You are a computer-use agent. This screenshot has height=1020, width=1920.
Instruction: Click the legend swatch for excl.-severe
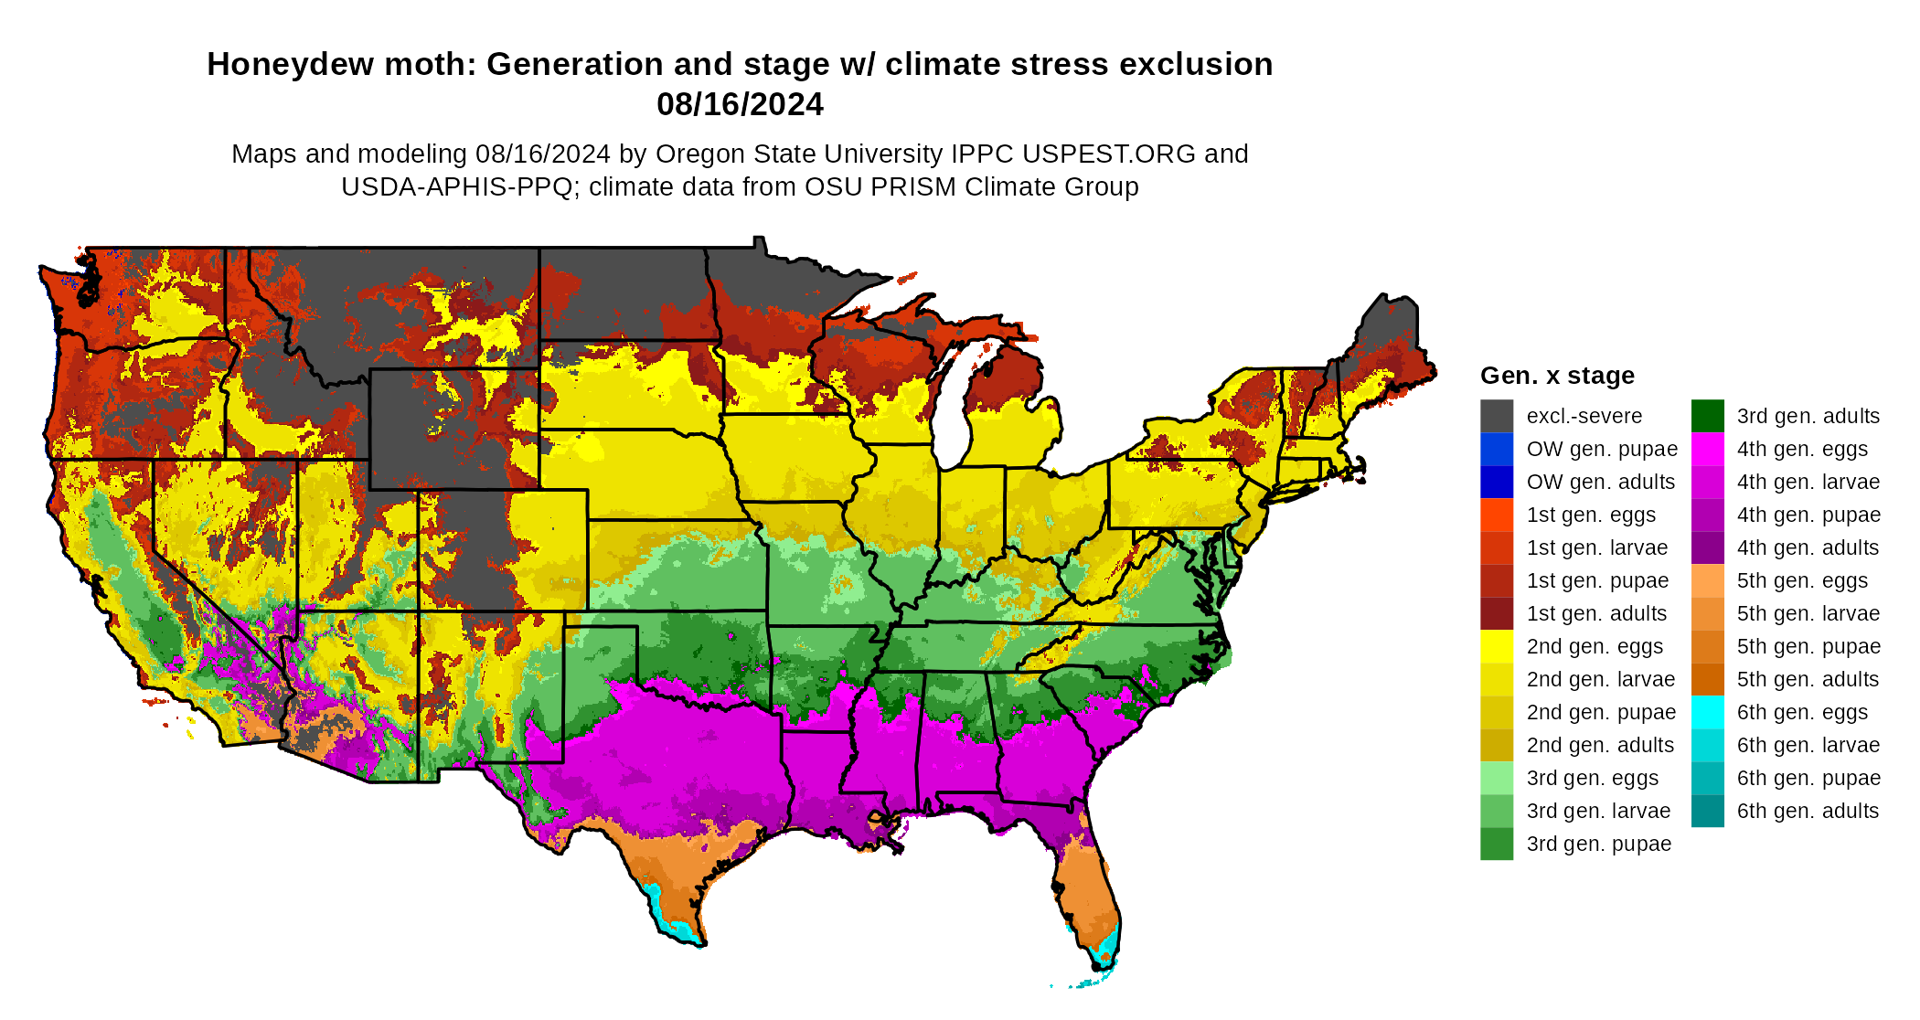coord(1497,416)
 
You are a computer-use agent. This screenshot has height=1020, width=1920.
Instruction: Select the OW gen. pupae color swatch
coord(1497,449)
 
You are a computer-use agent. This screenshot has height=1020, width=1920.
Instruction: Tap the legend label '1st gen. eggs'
coord(1591,515)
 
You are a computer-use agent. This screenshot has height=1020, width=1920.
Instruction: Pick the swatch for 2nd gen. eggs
coord(1497,646)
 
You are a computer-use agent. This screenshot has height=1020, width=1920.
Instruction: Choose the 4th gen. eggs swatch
coord(1707,449)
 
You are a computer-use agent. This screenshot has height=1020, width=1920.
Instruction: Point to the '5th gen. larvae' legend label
coord(1808,613)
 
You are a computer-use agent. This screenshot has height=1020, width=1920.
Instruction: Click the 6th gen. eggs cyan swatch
coord(1707,712)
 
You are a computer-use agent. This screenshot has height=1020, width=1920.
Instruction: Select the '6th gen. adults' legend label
coord(1808,811)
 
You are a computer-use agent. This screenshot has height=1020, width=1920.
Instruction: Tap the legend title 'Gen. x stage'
coord(1557,376)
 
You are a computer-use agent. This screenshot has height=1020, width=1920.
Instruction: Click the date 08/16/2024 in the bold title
coord(740,104)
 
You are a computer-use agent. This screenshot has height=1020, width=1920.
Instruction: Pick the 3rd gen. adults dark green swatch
coord(1707,416)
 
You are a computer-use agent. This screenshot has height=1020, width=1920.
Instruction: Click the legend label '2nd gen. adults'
coord(1600,745)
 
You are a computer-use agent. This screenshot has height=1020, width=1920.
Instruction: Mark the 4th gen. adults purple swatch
coord(1707,547)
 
